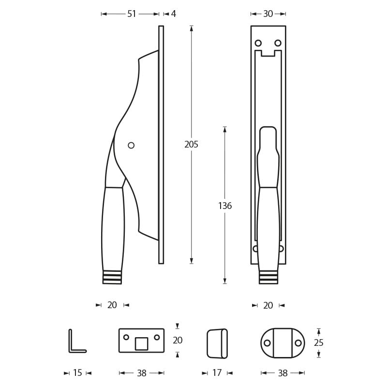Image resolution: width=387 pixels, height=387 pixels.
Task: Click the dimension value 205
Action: (x=191, y=144)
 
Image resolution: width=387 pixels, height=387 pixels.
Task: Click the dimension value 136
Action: (x=225, y=206)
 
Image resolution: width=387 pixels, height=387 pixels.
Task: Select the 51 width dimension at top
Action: (x=132, y=14)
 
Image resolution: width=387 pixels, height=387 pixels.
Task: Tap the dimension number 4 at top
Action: (x=173, y=14)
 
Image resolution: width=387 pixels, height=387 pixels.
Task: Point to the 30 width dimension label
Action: (x=268, y=14)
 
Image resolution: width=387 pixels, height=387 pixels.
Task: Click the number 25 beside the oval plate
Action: (x=318, y=342)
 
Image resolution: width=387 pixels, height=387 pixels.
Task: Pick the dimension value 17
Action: (x=217, y=373)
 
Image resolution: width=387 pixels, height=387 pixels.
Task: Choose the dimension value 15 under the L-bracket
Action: (x=77, y=373)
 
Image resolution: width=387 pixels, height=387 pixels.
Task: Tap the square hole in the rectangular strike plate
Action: (x=141, y=343)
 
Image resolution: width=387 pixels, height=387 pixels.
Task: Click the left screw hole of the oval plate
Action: (x=267, y=343)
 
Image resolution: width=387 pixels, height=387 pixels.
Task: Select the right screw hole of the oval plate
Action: (x=298, y=343)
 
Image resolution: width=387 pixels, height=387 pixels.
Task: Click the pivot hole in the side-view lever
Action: (x=131, y=145)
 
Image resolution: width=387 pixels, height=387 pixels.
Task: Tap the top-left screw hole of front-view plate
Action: (x=258, y=43)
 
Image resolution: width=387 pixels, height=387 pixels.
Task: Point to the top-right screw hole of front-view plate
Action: (x=278, y=43)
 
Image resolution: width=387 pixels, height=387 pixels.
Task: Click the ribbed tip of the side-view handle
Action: (x=112, y=277)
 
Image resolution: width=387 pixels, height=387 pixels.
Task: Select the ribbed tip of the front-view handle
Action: (x=268, y=277)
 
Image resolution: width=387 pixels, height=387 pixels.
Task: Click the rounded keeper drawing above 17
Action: (x=217, y=343)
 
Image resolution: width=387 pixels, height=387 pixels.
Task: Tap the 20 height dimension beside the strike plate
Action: (x=178, y=340)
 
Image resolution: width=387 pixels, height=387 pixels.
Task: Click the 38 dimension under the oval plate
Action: (x=283, y=373)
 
